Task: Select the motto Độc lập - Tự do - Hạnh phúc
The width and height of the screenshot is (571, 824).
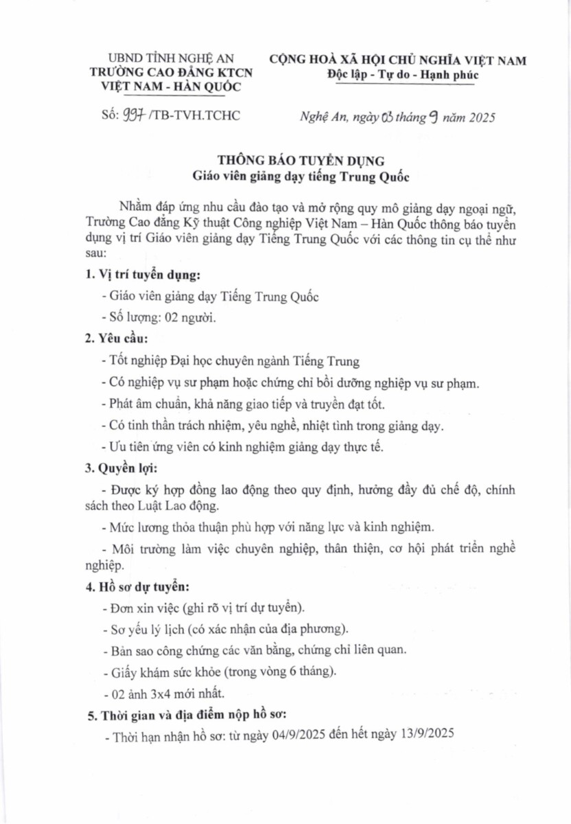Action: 402,75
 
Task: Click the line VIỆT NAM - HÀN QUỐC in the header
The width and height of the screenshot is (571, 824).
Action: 172,87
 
